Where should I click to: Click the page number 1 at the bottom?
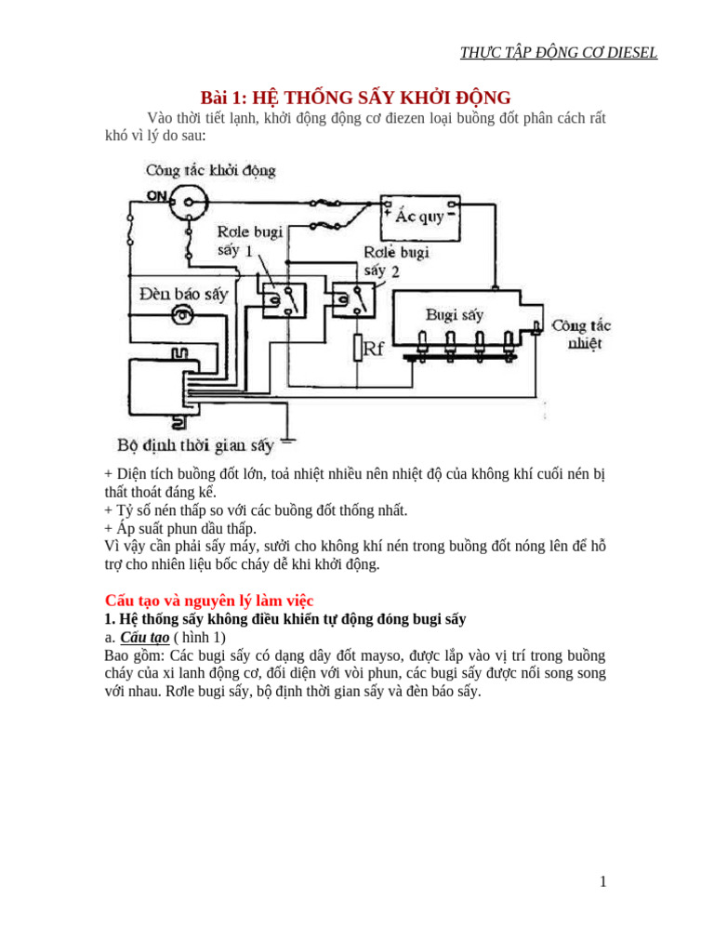point(602,881)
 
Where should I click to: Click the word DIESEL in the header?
point(632,53)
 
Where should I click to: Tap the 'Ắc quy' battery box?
point(420,217)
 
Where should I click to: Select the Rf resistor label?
point(373,349)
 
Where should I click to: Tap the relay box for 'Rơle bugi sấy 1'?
point(284,298)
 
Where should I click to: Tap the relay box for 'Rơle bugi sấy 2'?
point(354,299)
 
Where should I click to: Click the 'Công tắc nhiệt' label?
point(582,334)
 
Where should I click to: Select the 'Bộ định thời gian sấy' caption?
point(196,445)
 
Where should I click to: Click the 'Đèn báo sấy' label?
point(183,294)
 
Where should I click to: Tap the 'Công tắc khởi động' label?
point(210,170)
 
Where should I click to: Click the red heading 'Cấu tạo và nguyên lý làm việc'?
point(209,601)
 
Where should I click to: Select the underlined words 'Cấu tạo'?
point(145,638)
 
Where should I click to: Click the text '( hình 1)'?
point(199,638)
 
